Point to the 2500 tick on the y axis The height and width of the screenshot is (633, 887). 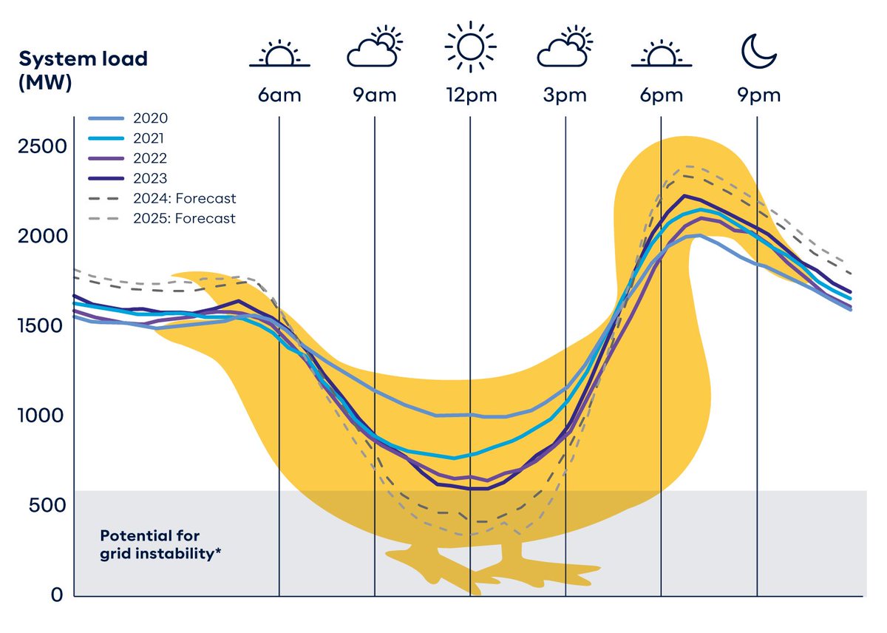[x=42, y=146]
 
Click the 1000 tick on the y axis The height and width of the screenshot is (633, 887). [x=42, y=416]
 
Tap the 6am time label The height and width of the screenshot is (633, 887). [x=279, y=95]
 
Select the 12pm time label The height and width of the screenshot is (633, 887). [x=471, y=95]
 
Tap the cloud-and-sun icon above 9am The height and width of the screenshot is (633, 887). [x=374, y=49]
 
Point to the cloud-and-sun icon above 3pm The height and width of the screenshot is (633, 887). [x=565, y=49]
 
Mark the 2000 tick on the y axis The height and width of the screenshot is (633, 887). [x=42, y=236]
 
